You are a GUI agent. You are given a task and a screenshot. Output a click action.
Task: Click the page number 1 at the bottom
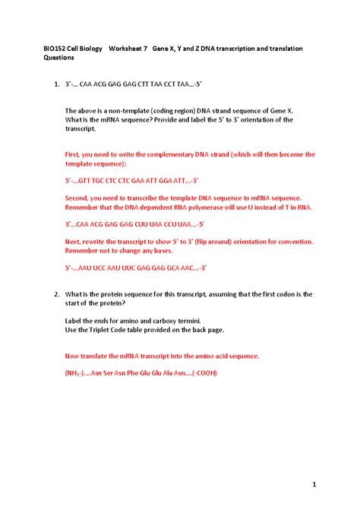[x=313, y=483]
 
